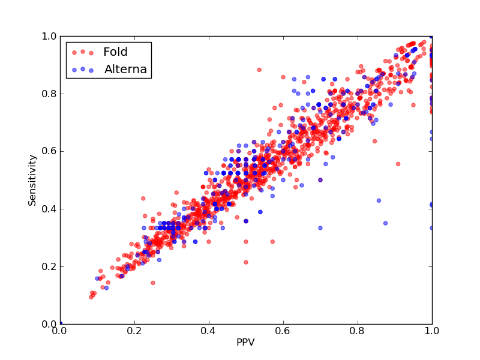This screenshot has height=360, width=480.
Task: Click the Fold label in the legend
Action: pos(115,52)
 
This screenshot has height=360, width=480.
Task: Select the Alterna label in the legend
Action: pos(125,69)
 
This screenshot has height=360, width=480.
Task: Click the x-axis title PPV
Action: pos(245,342)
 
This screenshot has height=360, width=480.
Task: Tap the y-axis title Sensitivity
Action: pos(32,181)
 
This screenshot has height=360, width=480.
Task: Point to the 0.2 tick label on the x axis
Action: pos(134,331)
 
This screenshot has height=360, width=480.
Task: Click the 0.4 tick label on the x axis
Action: pos(209,331)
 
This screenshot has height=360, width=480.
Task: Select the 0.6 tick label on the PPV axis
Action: pos(283,331)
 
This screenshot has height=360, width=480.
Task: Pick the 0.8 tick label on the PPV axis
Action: pos(358,331)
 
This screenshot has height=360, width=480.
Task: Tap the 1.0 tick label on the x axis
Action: pos(432,331)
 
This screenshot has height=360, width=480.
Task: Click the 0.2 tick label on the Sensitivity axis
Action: pos(49,266)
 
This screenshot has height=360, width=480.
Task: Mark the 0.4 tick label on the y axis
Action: pos(49,209)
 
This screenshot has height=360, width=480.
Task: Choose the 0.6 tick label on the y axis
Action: pos(49,152)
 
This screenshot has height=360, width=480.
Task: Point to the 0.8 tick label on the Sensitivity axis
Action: pos(49,94)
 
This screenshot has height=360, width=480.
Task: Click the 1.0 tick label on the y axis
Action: pos(49,36)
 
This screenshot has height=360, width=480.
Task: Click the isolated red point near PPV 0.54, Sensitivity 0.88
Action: pos(259,70)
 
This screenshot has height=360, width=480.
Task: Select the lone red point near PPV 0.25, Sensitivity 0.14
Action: pos(153,283)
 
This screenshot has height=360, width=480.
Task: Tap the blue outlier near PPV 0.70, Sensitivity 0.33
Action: pos(320,228)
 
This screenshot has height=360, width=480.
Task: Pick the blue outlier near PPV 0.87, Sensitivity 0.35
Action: pos(385,223)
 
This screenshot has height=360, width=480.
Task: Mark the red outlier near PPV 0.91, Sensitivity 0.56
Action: pos(398,164)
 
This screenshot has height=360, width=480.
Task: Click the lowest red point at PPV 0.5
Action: pos(246,262)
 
